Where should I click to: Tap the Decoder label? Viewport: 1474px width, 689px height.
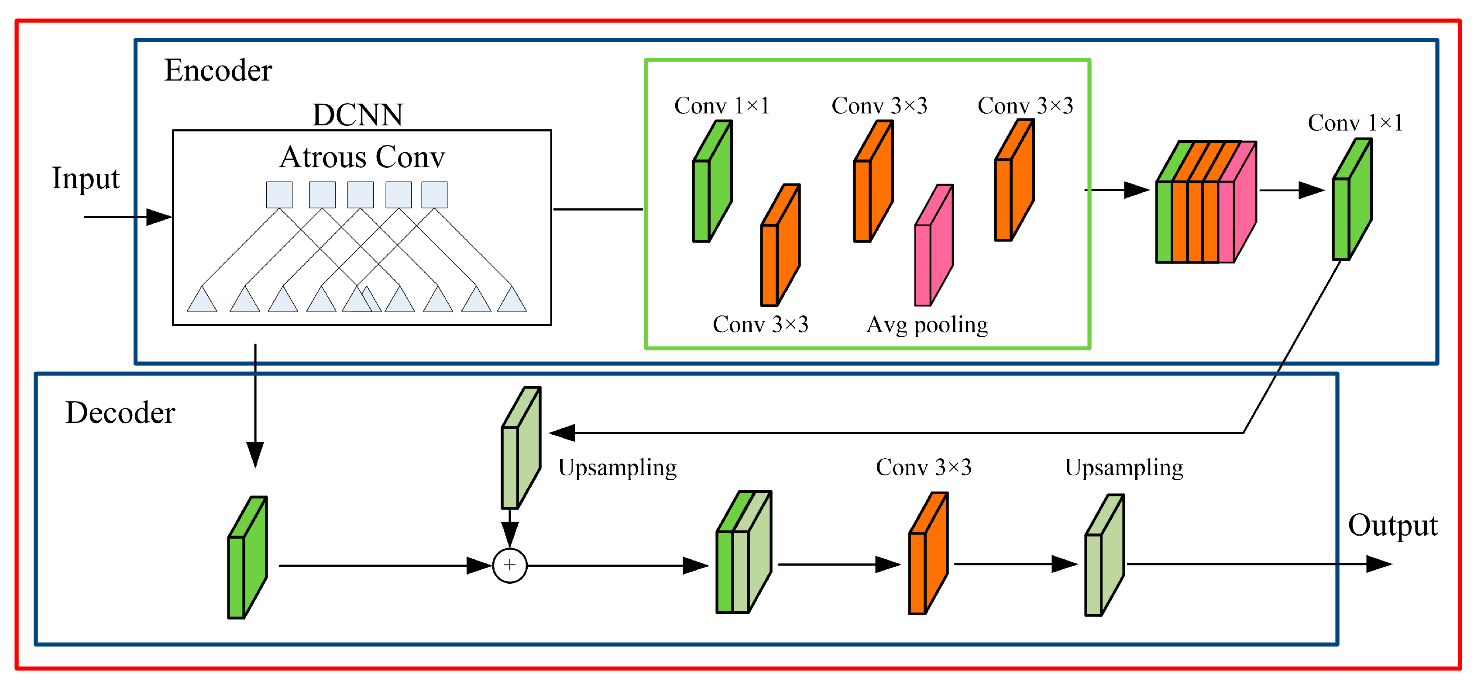(x=120, y=413)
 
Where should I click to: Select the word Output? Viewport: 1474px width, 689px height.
(x=1392, y=525)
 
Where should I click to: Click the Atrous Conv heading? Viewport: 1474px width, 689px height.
(x=362, y=157)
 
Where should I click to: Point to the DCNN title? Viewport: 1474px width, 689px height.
(x=357, y=114)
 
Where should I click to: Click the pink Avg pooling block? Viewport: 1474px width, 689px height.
(x=933, y=246)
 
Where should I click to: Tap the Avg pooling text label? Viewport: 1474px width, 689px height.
(x=927, y=325)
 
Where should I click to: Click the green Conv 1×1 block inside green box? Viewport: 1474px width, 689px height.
(x=712, y=182)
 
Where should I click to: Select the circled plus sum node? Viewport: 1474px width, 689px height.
(x=509, y=565)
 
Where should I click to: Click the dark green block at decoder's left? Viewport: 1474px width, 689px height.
(x=247, y=558)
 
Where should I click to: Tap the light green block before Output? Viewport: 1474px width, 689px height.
(x=1104, y=556)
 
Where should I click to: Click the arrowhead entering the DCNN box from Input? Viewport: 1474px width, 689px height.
(x=159, y=217)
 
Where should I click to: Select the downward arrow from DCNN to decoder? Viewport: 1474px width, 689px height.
(x=255, y=407)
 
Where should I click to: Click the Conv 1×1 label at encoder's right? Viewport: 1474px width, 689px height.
(x=1355, y=123)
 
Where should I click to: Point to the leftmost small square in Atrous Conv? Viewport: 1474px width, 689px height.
(x=279, y=195)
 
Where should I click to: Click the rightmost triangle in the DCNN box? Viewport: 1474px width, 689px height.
(x=512, y=300)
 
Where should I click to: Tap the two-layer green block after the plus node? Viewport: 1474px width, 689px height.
(x=743, y=553)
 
